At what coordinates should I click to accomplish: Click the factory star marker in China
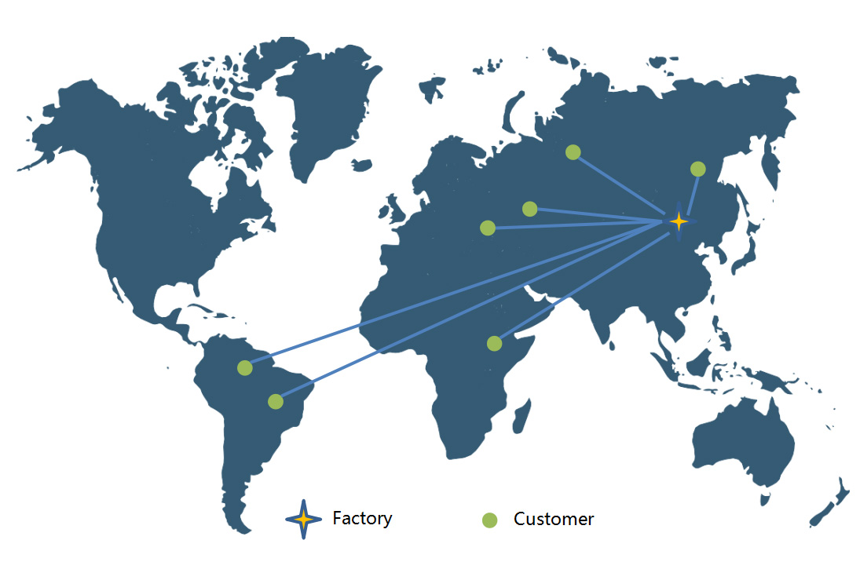point(679,222)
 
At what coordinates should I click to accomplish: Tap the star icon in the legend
point(303,519)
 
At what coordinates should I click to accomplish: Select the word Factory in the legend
point(362,519)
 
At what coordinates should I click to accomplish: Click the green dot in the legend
point(489,520)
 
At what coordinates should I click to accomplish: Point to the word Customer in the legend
point(554,520)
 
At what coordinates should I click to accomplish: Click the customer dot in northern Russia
point(573,152)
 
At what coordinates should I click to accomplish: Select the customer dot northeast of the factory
point(697,169)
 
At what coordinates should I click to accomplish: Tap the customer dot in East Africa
point(494,343)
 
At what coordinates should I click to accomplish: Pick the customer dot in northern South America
point(245,367)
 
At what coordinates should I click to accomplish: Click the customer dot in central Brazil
point(275,401)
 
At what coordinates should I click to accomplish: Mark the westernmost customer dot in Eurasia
point(488,228)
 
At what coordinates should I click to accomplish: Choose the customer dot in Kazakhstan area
point(530,209)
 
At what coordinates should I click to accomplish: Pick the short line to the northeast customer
point(692,194)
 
